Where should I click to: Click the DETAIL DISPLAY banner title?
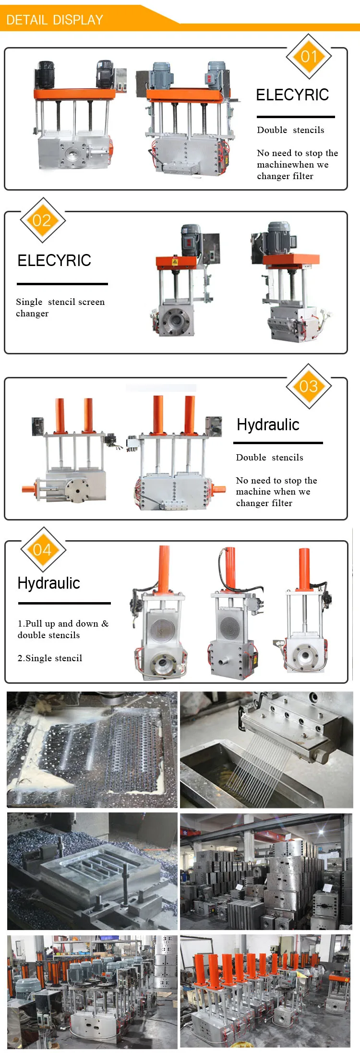coord(55,20)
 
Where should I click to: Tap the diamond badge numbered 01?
coord(309,57)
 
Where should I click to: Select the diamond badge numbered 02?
coord(42,220)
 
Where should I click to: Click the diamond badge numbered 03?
coord(309,386)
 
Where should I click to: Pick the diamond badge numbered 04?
coord(43,550)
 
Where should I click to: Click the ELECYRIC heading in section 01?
coord(292,95)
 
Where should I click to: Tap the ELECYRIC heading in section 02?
coord(54,260)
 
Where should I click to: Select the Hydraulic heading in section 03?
coord(268,425)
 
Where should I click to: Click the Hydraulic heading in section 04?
coord(49,583)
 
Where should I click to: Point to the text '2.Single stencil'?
coord(50,658)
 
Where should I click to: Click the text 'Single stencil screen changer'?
coord(60,307)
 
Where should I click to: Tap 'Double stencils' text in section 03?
coord(269,457)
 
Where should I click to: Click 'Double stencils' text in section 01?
coord(290,130)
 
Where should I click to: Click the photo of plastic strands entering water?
coord(266,749)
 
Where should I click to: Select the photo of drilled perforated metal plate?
coord(92,749)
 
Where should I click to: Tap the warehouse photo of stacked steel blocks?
coord(266,871)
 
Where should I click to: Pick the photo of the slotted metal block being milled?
coord(92,871)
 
